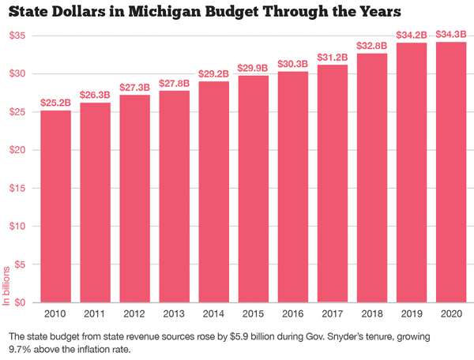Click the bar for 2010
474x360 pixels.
coord(55,206)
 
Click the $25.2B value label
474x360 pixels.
coord(55,103)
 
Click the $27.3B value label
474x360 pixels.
coord(135,87)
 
